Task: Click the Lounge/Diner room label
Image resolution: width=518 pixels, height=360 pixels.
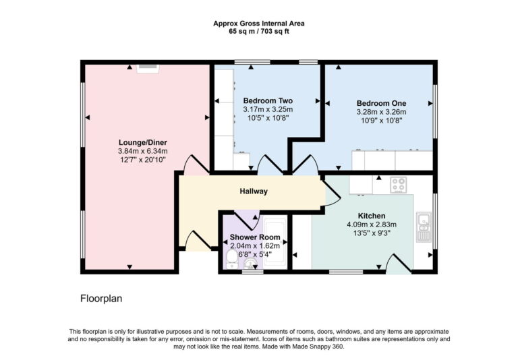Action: (x=142, y=142)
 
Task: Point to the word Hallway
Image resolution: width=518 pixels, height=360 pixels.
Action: (x=254, y=191)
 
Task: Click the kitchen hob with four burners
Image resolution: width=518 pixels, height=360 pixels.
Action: (x=399, y=183)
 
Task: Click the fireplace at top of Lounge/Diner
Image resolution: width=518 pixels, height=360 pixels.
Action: (x=147, y=67)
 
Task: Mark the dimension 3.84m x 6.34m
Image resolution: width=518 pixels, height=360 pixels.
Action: (x=142, y=151)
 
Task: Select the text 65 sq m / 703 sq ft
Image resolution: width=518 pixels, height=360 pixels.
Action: (x=259, y=31)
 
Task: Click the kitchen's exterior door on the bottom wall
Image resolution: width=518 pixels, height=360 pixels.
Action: (x=398, y=265)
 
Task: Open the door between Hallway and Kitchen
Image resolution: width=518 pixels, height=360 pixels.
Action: (x=330, y=193)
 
